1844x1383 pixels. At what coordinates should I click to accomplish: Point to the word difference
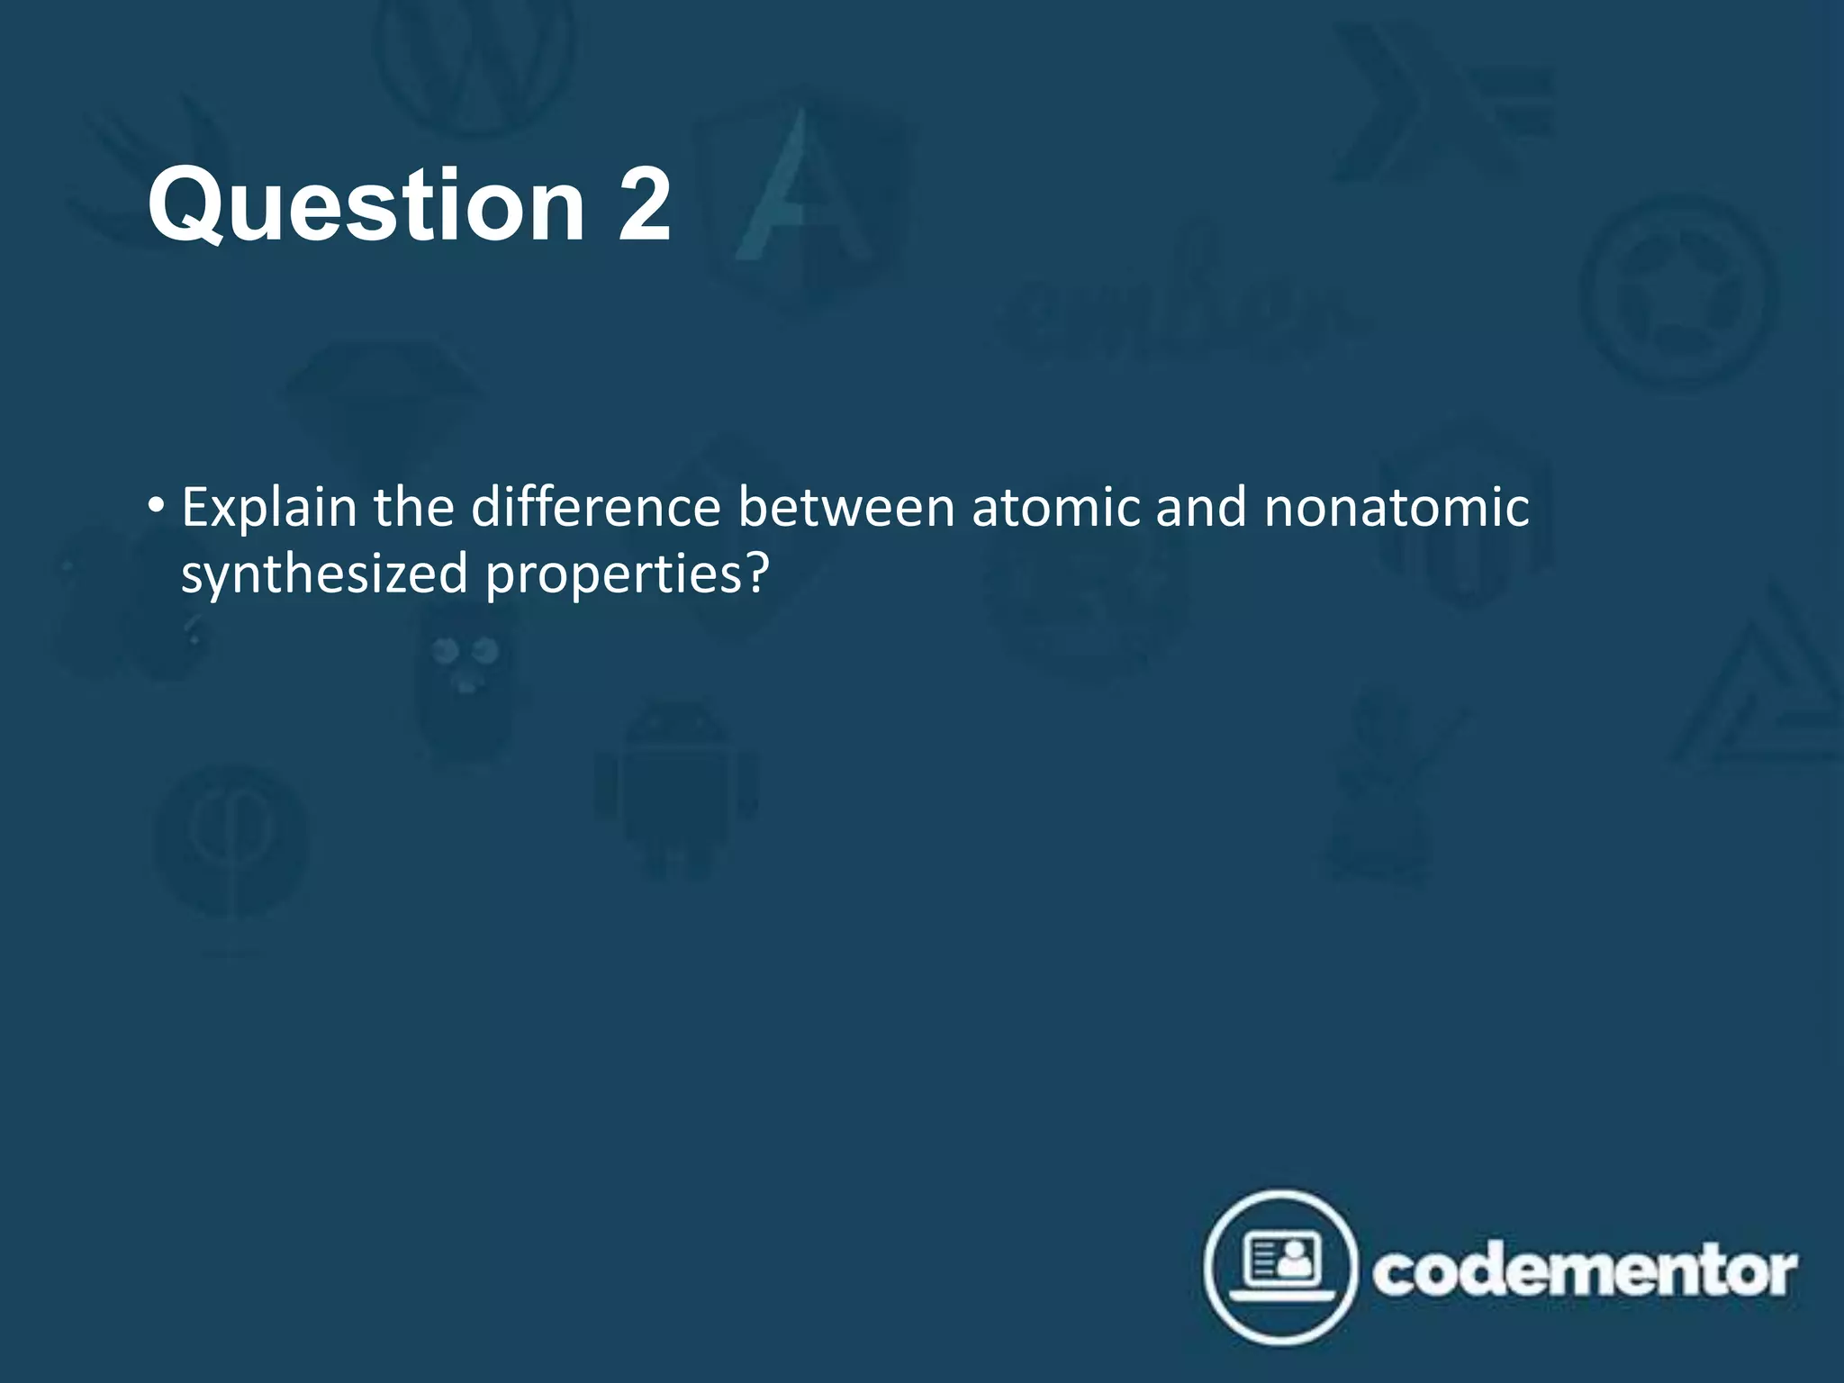pyautogui.click(x=596, y=507)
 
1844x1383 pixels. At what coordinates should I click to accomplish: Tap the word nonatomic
pyautogui.click(x=1397, y=507)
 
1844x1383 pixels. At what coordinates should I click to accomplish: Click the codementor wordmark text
pyautogui.click(x=1585, y=1271)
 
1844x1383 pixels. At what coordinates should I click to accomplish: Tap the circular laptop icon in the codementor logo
pyautogui.click(x=1280, y=1268)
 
